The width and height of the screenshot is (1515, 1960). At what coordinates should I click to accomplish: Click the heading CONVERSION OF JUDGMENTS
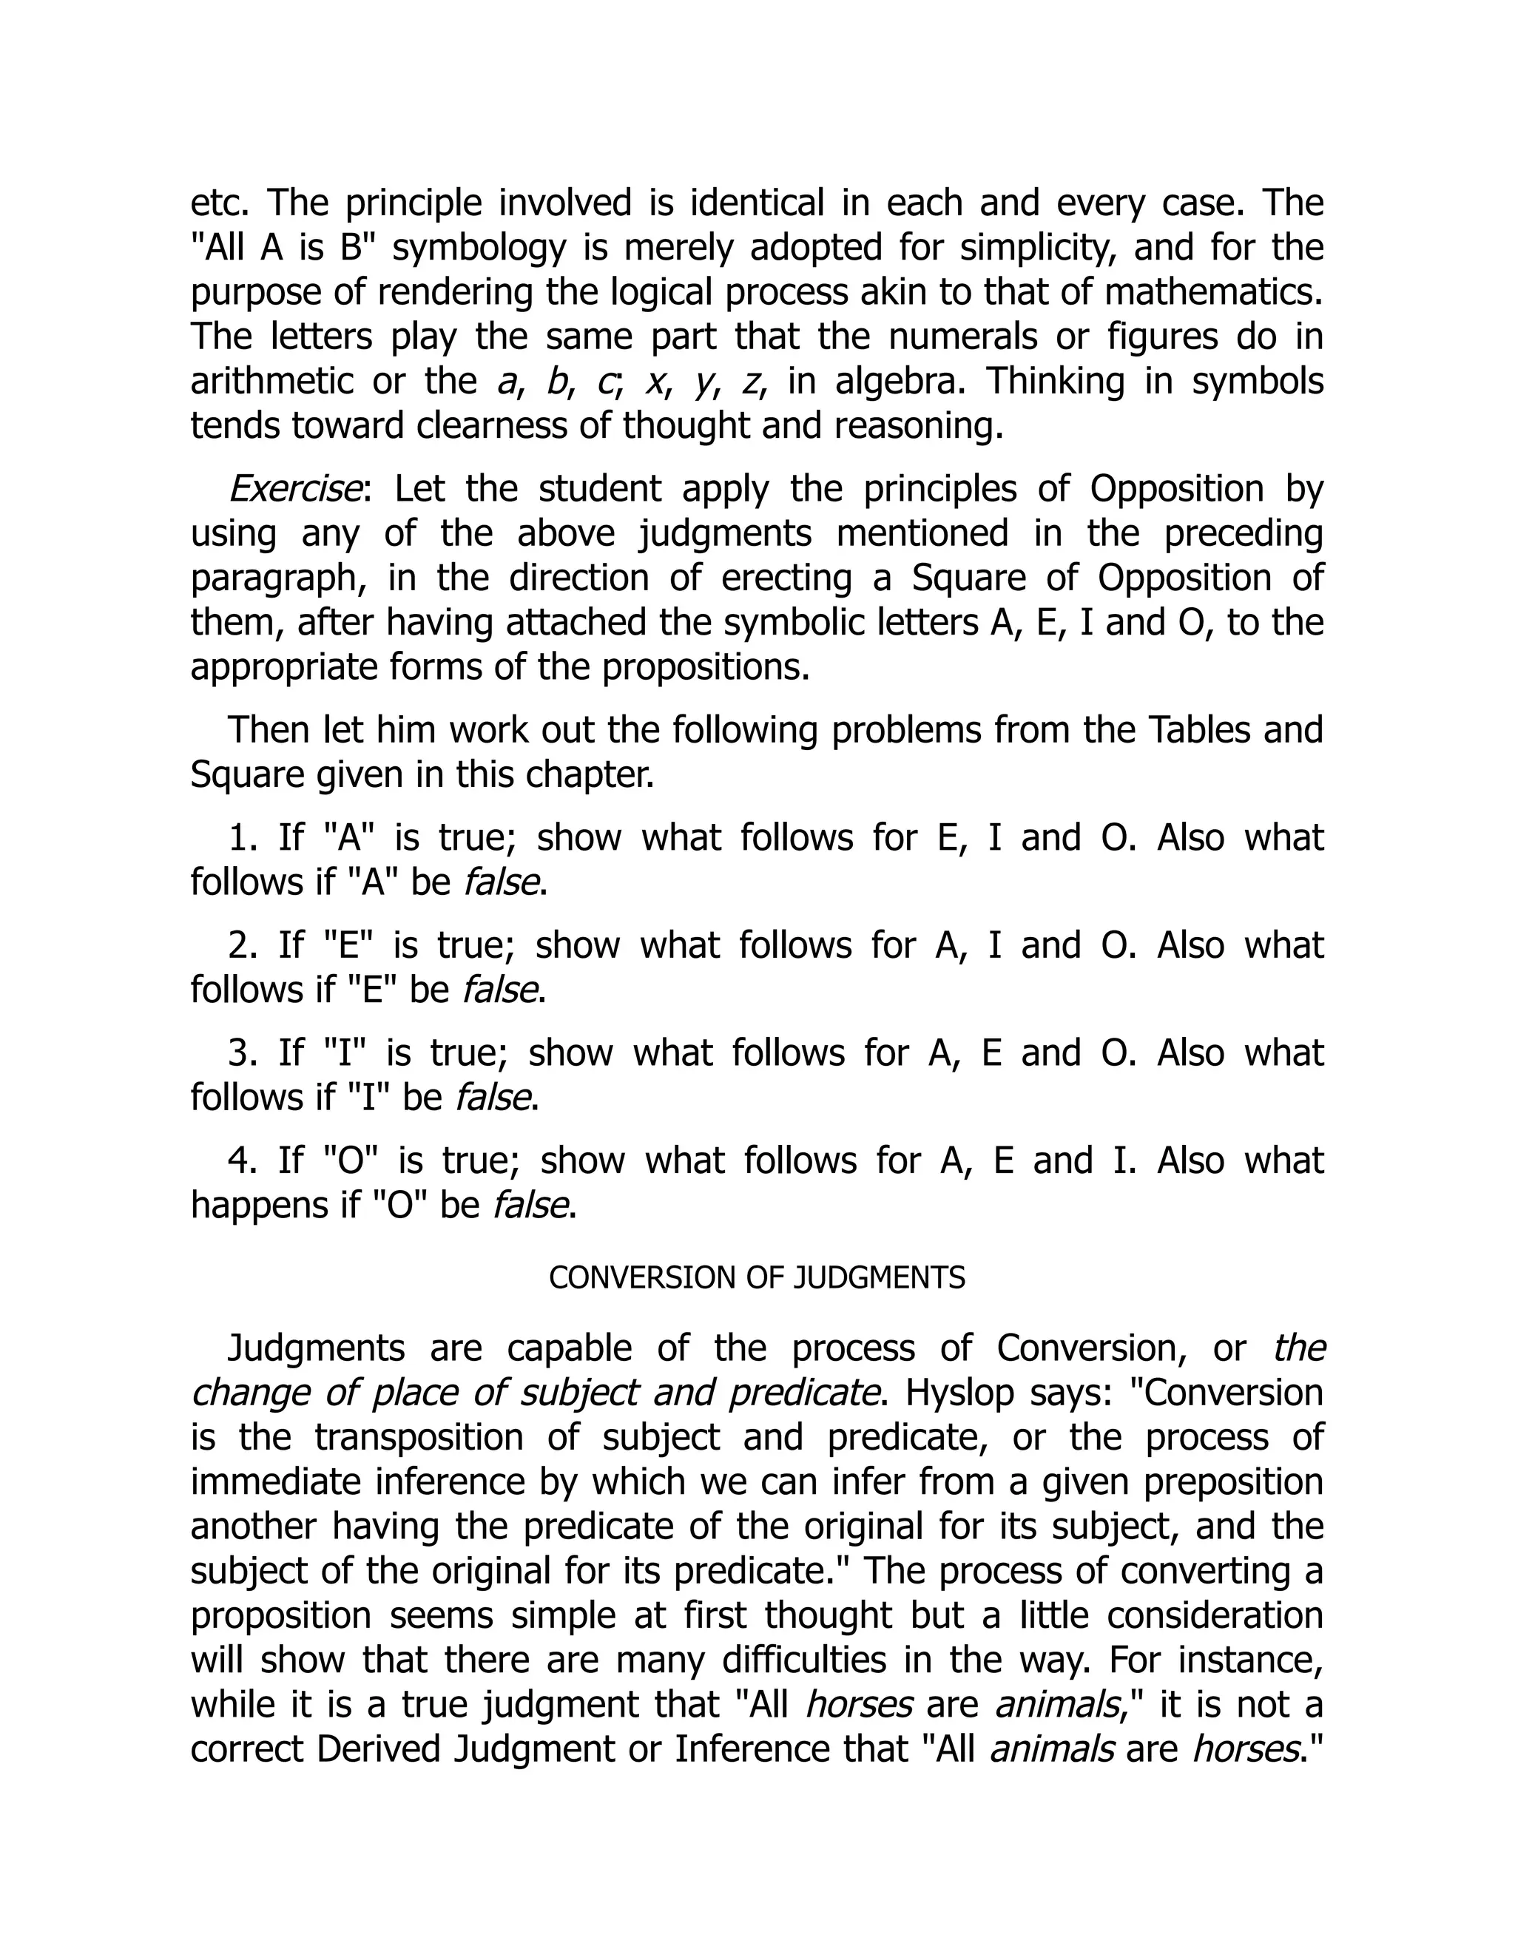757,1278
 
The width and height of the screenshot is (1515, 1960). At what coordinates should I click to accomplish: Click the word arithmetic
272,382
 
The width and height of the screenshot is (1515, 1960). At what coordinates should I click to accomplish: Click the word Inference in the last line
791,1749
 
